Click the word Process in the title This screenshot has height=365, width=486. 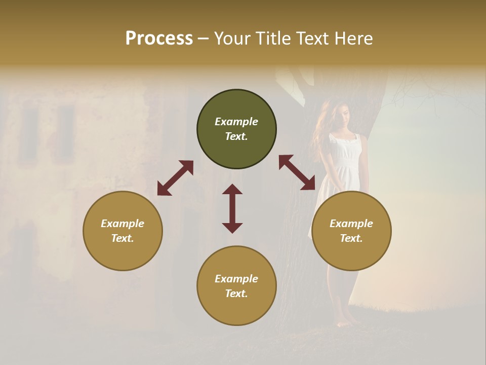pyautogui.click(x=159, y=39)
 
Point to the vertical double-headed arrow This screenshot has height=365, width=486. pyautogui.click(x=232, y=208)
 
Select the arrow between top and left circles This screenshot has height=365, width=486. pyautogui.click(x=175, y=178)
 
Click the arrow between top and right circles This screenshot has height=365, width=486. pyautogui.click(x=297, y=172)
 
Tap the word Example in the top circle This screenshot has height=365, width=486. pyautogui.click(x=236, y=122)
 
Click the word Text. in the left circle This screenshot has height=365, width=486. pyautogui.click(x=123, y=238)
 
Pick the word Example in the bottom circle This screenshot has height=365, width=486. pyautogui.click(x=236, y=279)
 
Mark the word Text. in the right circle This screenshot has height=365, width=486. pyautogui.click(x=351, y=238)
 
